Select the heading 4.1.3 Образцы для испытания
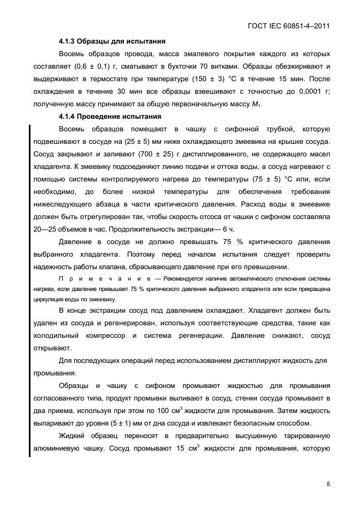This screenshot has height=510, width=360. point(112,41)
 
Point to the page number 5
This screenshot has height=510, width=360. point(328,483)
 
